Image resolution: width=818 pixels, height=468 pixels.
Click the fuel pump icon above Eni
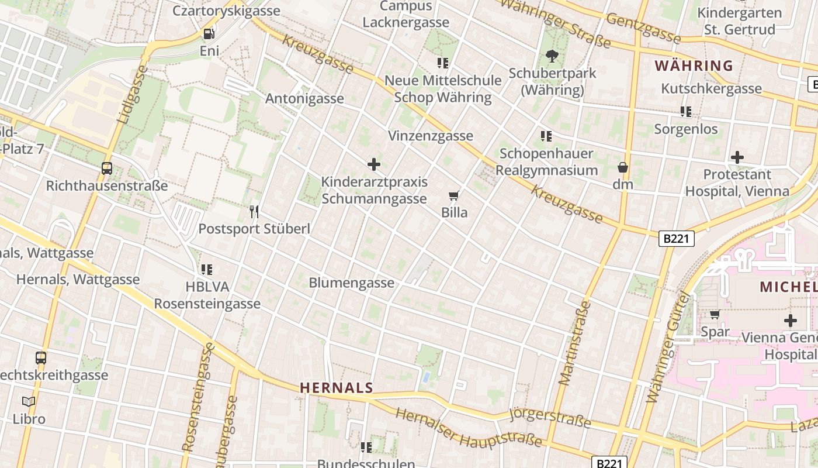pyautogui.click(x=209, y=34)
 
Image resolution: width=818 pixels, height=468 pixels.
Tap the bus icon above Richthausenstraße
pyautogui.click(x=107, y=168)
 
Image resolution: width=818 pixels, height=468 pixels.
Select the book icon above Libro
pyautogui.click(x=29, y=401)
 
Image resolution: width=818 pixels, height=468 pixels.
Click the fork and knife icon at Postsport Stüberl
pyautogui.click(x=254, y=211)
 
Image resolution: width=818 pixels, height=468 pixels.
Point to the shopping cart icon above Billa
pyautogui.click(x=454, y=195)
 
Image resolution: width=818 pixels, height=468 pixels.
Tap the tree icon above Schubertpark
pyautogui.click(x=552, y=56)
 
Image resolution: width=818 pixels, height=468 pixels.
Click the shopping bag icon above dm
pyautogui.click(x=623, y=167)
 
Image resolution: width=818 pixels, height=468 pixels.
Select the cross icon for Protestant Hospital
pyautogui.click(x=737, y=157)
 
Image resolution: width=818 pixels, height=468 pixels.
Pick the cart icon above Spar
pyautogui.click(x=715, y=315)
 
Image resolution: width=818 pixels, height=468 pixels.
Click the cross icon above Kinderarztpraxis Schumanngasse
pyautogui.click(x=374, y=164)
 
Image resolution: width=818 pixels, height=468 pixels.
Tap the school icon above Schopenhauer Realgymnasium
pyautogui.click(x=546, y=136)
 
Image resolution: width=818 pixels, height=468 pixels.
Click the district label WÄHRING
pyautogui.click(x=694, y=66)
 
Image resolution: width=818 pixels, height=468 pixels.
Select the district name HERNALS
pyautogui.click(x=337, y=387)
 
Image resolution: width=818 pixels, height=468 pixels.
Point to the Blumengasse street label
pyautogui.click(x=351, y=283)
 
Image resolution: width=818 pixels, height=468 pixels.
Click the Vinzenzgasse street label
pyautogui.click(x=431, y=136)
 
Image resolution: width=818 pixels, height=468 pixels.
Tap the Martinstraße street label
pyautogui.click(x=575, y=343)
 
